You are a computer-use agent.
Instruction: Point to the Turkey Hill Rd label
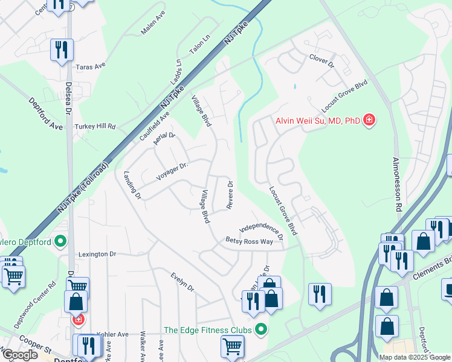pos(94,127)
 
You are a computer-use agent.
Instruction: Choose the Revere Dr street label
pos(230,195)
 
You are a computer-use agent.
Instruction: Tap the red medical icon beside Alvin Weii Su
pos(368,121)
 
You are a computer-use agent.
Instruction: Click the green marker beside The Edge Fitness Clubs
pos(261,329)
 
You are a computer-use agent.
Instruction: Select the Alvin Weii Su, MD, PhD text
pos(317,121)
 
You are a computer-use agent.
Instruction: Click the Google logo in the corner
pos(19,355)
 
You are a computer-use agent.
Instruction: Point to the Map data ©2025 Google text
pos(415,357)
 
